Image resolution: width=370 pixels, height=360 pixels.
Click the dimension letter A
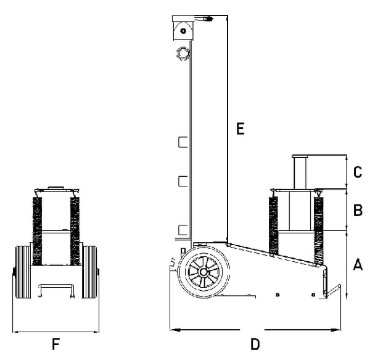(x=357, y=265)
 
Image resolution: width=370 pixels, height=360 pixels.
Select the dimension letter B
(x=357, y=211)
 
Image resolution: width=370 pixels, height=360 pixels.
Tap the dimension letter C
(x=357, y=172)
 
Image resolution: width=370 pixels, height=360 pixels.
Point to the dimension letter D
(x=255, y=343)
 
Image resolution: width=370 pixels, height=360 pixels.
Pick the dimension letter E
(x=240, y=129)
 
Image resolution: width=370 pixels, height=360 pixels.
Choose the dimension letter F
(x=56, y=343)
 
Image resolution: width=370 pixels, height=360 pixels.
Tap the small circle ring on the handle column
(x=183, y=52)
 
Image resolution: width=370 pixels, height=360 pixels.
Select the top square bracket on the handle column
(x=183, y=143)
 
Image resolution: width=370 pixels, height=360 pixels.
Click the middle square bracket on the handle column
(x=183, y=180)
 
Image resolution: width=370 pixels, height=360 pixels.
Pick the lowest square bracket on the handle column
(x=183, y=230)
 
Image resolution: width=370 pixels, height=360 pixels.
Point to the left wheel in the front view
(x=23, y=272)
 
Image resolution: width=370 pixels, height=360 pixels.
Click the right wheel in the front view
(x=91, y=272)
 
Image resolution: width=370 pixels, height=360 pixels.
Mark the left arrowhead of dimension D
(x=173, y=329)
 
